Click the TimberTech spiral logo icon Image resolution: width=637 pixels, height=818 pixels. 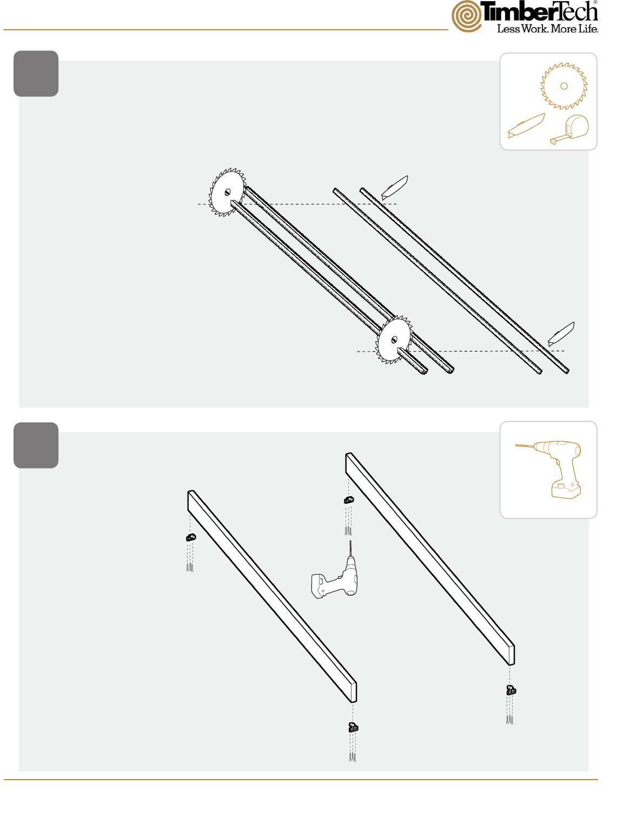pos(467,16)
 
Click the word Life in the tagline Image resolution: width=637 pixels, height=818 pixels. pos(588,29)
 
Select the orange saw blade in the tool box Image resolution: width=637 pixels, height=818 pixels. pos(563,86)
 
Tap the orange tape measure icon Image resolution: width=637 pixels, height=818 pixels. pos(569,129)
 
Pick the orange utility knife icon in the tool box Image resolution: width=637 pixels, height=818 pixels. pos(526,126)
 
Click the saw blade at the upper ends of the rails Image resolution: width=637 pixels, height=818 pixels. pos(227,192)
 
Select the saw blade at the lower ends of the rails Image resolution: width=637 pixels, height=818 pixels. pos(394,340)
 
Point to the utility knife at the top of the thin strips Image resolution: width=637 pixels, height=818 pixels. pos(394,188)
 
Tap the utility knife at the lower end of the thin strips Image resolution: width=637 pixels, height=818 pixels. pos(561,334)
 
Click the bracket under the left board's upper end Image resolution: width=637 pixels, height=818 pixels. pos(191,538)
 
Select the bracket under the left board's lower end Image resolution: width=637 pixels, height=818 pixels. pos(353,727)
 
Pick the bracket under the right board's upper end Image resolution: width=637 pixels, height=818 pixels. pos(349,500)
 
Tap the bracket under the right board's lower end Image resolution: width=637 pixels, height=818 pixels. pos(511,690)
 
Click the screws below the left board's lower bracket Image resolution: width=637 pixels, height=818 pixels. pos(352,757)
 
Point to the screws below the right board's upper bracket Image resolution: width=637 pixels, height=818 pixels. pos(348,531)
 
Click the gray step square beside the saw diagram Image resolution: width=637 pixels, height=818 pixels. pos(36,74)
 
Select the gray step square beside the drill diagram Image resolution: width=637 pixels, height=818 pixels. pos(36,445)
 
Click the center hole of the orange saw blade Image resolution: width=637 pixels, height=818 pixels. pos(563,86)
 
